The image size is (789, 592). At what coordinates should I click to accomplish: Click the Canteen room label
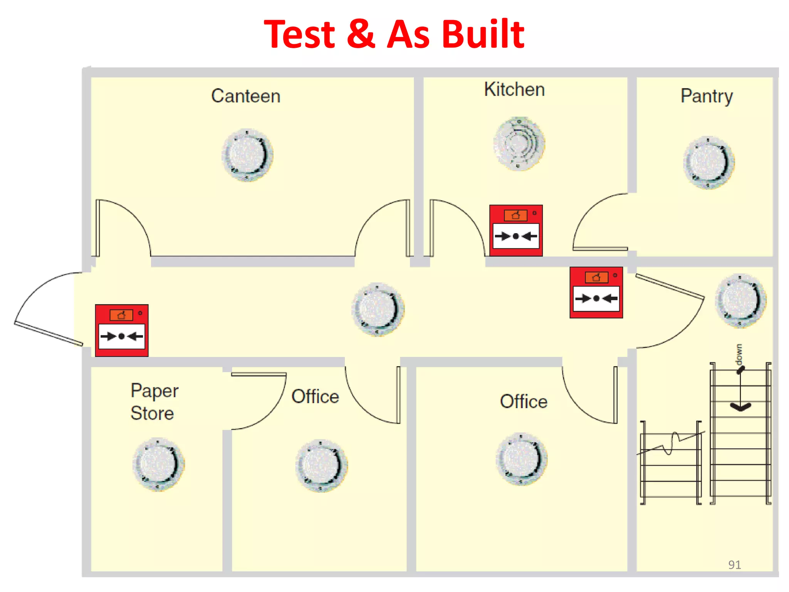(x=246, y=96)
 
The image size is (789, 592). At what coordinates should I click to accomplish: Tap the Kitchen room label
(x=514, y=89)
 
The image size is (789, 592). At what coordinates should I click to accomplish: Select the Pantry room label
(x=707, y=96)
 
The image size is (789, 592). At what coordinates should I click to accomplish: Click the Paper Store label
(x=154, y=402)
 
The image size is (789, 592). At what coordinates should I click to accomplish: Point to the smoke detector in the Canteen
(x=247, y=155)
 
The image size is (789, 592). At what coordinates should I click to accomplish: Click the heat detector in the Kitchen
(x=519, y=144)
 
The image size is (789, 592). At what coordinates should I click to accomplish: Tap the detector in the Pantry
(x=709, y=162)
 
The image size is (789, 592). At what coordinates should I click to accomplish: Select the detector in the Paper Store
(x=158, y=464)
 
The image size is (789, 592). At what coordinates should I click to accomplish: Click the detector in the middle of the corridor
(x=378, y=309)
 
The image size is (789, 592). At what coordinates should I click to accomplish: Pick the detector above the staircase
(x=740, y=301)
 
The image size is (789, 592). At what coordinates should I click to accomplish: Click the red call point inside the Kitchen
(x=516, y=230)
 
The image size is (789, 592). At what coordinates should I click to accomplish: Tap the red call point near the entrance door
(x=122, y=330)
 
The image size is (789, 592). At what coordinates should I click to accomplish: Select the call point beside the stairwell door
(x=596, y=293)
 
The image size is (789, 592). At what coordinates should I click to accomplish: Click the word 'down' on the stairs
(x=739, y=354)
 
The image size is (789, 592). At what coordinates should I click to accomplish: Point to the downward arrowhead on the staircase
(x=740, y=407)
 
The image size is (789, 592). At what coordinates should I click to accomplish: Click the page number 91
(x=734, y=565)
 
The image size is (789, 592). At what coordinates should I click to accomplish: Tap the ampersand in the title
(x=361, y=34)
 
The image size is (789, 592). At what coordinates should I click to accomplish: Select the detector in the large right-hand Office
(x=522, y=459)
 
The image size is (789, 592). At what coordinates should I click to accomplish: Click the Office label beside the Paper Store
(x=315, y=397)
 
